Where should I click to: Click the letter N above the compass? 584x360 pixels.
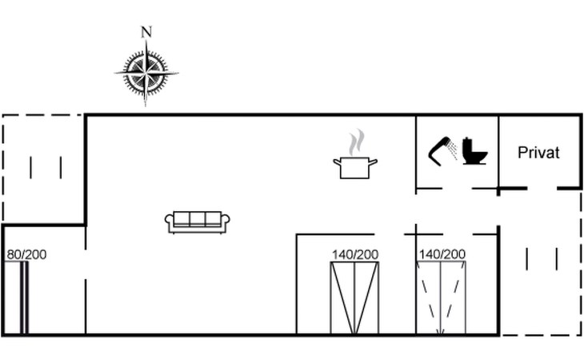(146, 32)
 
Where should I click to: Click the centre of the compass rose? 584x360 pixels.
(146, 72)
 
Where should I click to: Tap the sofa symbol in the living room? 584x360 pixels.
(198, 222)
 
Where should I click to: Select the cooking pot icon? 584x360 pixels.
(355, 167)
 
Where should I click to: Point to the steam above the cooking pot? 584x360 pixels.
(357, 142)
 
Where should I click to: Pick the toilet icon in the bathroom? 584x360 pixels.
(474, 151)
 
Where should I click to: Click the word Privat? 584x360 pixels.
(538, 153)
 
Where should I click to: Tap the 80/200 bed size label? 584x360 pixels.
(27, 254)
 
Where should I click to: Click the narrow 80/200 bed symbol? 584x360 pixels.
(16, 297)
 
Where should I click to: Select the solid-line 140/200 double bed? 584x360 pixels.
(354, 298)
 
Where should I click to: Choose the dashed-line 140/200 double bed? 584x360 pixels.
(441, 298)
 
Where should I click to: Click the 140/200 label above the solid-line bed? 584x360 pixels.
(355, 254)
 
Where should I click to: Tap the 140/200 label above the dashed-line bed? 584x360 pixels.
(442, 254)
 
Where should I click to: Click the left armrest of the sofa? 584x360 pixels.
(169, 221)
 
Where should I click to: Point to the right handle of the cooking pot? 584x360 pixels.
(373, 162)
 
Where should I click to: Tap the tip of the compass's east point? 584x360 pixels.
(178, 73)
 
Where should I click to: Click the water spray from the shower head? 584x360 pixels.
(453, 150)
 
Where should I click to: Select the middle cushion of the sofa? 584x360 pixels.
(198, 218)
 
